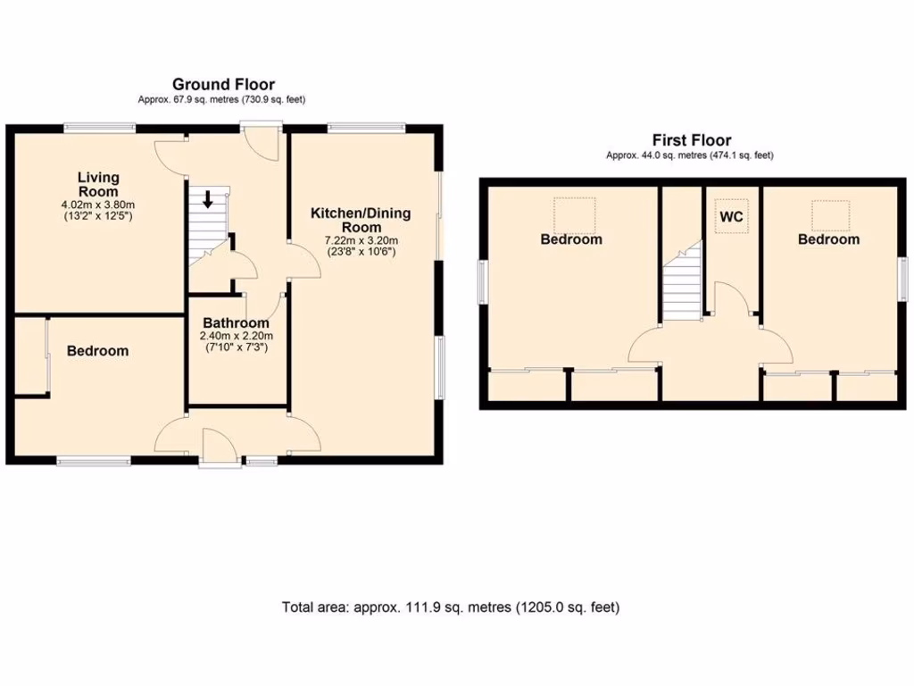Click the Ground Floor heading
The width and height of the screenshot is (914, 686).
[223, 85]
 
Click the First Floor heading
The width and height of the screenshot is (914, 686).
[691, 140]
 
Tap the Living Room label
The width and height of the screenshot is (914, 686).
[97, 185]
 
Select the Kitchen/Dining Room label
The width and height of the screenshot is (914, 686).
[360, 220]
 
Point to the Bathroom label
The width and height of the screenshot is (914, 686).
[236, 323]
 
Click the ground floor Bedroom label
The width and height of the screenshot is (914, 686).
[97, 351]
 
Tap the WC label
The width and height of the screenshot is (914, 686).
[731, 217]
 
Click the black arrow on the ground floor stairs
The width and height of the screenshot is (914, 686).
[208, 198]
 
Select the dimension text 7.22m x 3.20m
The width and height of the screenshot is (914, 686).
[360, 240]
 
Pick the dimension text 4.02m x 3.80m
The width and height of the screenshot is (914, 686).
[97, 205]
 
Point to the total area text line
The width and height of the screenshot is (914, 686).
[451, 607]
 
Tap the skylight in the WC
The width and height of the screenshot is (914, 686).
[732, 215]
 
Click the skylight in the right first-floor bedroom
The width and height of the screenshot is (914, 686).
[830, 215]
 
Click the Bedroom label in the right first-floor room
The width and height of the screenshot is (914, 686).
[828, 239]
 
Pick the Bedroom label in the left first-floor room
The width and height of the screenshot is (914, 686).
[570, 239]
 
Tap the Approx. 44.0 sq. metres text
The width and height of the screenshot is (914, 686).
[690, 155]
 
